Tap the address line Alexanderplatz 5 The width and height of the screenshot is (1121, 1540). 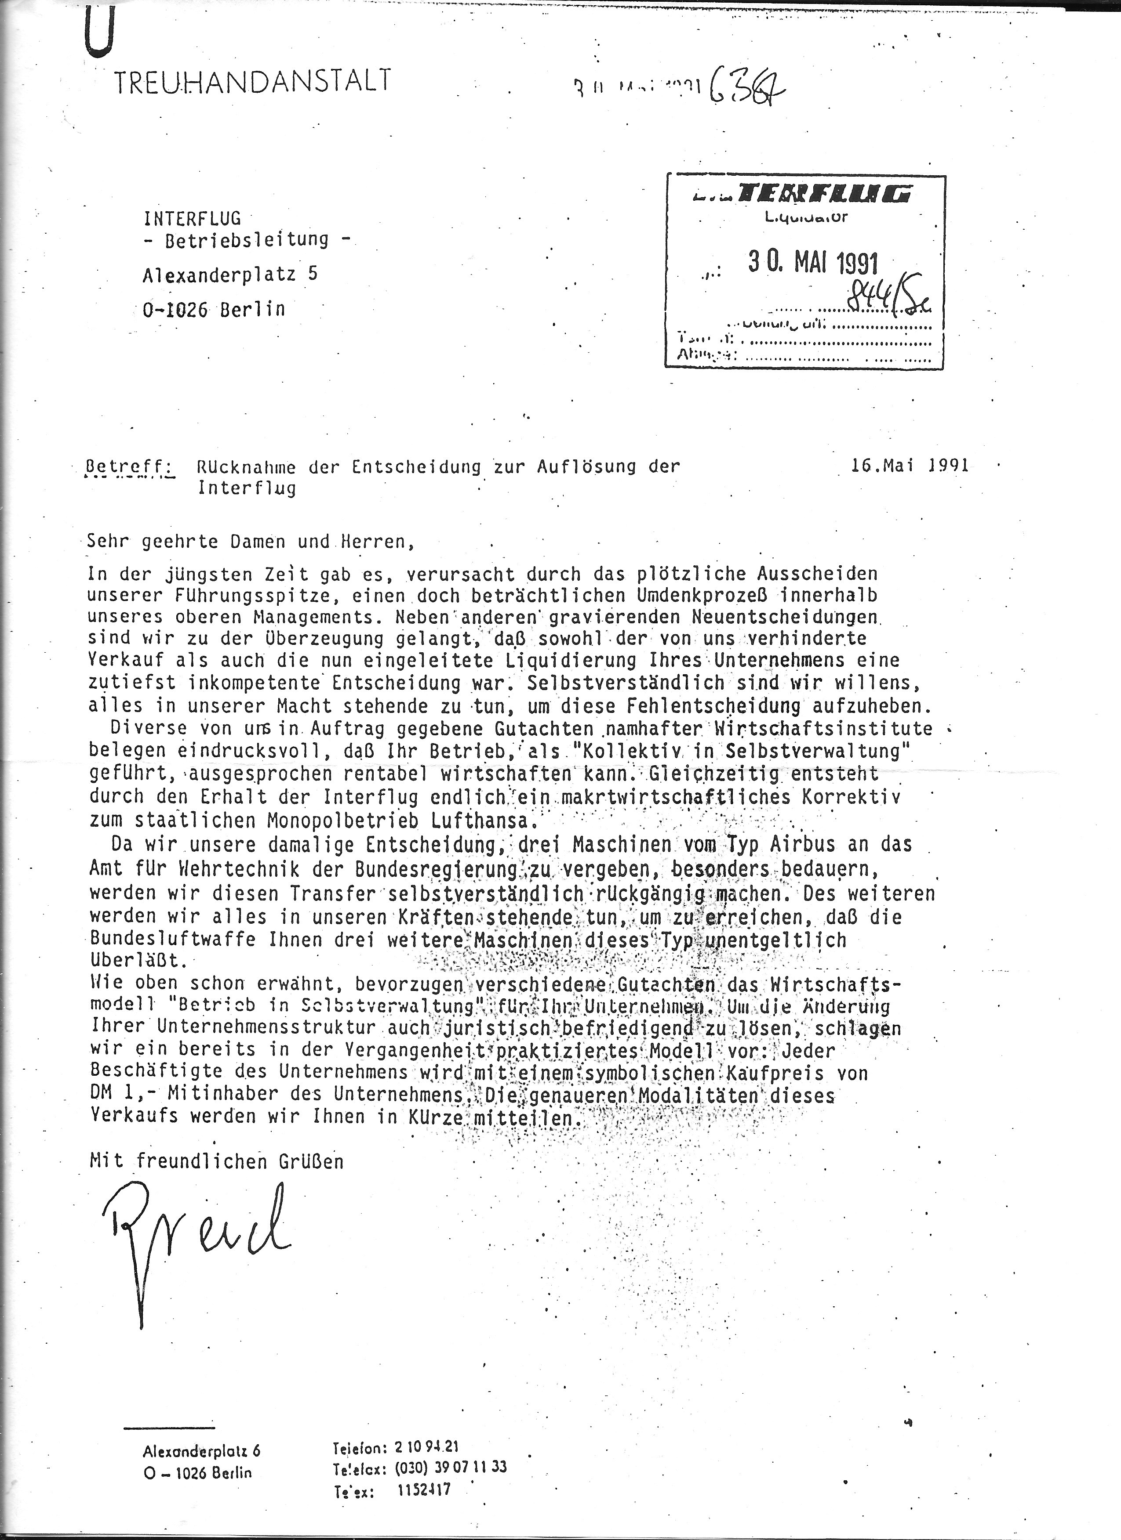(x=229, y=275)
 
